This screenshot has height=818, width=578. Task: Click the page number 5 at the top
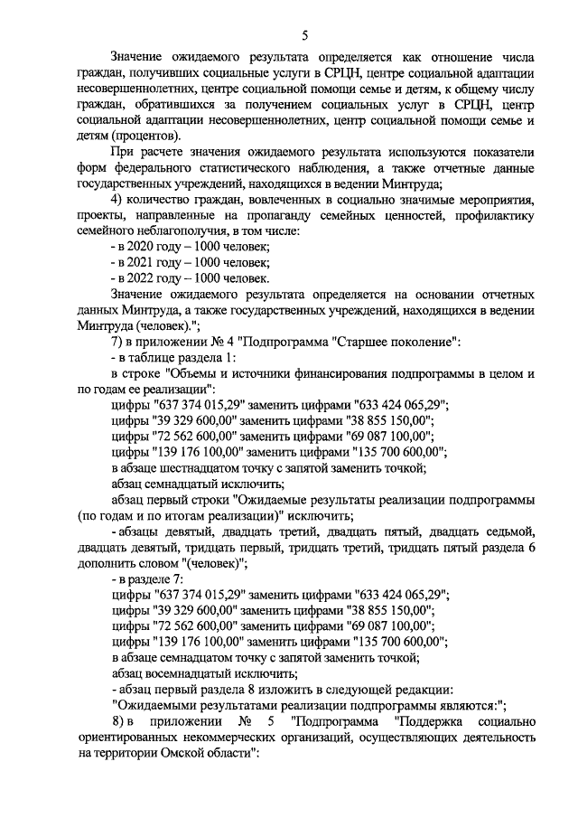click(304, 35)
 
